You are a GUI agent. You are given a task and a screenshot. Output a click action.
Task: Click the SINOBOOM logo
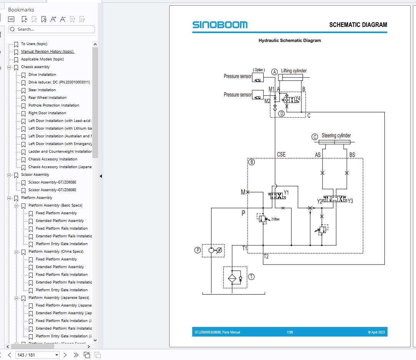point(220,25)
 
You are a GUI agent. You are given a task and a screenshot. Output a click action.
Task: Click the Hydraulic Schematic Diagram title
point(290,40)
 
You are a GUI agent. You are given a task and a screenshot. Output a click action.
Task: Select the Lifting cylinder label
point(294,71)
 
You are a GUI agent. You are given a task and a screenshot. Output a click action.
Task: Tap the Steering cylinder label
point(336,136)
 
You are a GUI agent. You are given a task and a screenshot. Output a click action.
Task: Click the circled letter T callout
point(251,277)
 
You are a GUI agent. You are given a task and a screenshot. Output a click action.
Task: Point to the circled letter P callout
point(198,250)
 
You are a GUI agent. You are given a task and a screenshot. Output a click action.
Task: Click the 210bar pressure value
point(275,219)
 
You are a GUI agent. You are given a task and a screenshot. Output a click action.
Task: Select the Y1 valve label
point(286,192)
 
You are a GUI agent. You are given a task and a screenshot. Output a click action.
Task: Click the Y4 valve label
point(298,98)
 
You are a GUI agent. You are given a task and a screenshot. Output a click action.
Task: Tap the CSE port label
point(281,155)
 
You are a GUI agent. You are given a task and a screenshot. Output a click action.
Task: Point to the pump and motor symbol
point(214,250)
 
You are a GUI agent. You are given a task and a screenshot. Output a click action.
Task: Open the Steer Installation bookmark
point(42,90)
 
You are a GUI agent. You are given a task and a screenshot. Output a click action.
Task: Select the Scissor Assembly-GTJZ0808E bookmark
point(52,190)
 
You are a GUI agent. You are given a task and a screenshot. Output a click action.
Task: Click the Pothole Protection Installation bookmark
point(53,105)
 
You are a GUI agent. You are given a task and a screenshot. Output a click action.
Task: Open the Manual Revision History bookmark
point(47,52)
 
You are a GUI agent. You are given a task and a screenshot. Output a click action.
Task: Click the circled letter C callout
point(314,137)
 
